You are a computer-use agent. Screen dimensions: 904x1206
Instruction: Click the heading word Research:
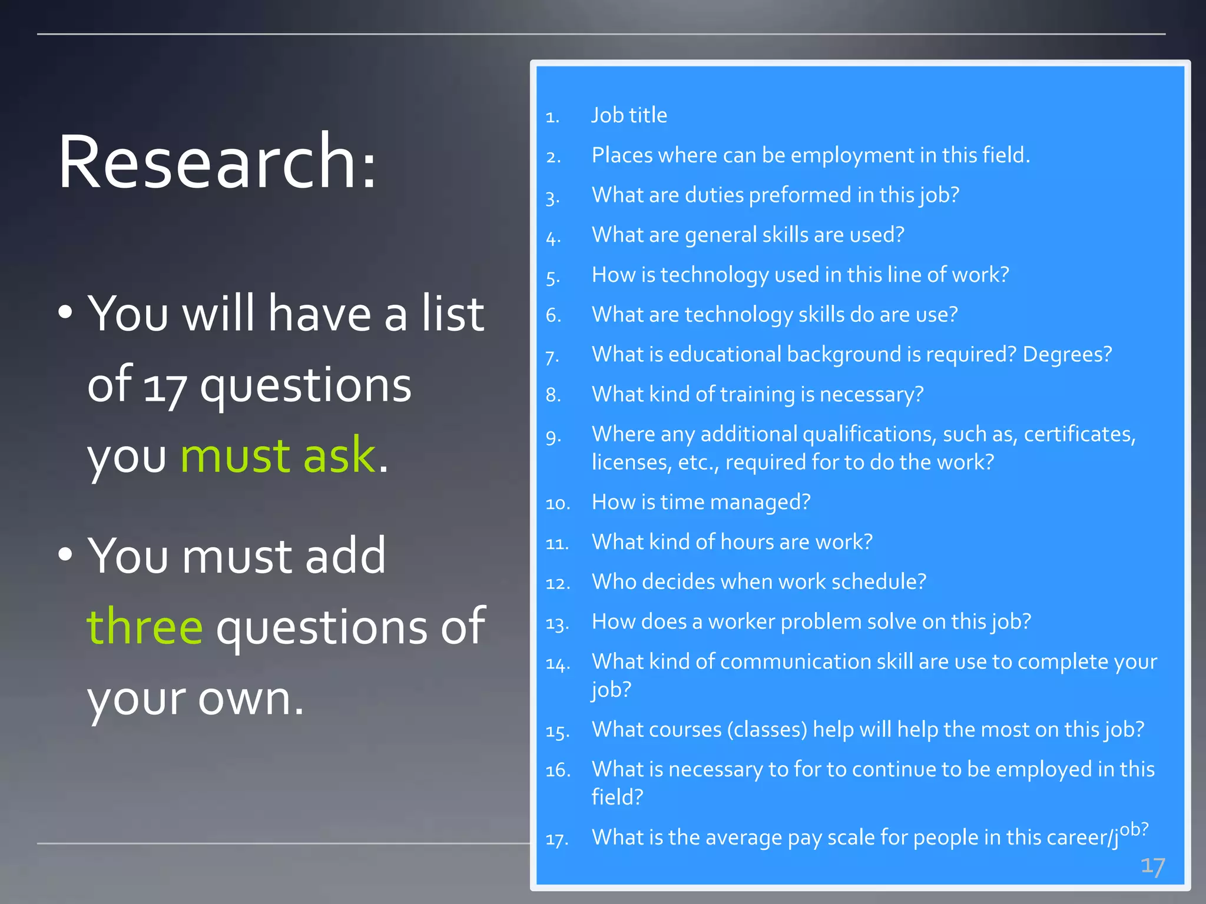(x=217, y=161)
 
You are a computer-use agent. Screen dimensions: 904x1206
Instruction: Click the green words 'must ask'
(x=278, y=456)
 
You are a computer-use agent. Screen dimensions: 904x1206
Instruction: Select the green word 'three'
(x=145, y=626)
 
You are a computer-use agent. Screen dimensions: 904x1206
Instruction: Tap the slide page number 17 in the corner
(x=1152, y=866)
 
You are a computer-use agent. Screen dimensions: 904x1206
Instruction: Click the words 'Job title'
(x=629, y=115)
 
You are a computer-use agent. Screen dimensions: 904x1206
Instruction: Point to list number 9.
(x=553, y=437)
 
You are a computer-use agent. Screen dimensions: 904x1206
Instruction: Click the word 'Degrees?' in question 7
(x=1067, y=354)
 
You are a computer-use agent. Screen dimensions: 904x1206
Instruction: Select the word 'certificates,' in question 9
(x=1079, y=434)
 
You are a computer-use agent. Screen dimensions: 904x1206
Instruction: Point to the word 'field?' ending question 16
(x=617, y=797)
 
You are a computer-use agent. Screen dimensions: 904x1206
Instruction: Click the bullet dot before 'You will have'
(x=65, y=312)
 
